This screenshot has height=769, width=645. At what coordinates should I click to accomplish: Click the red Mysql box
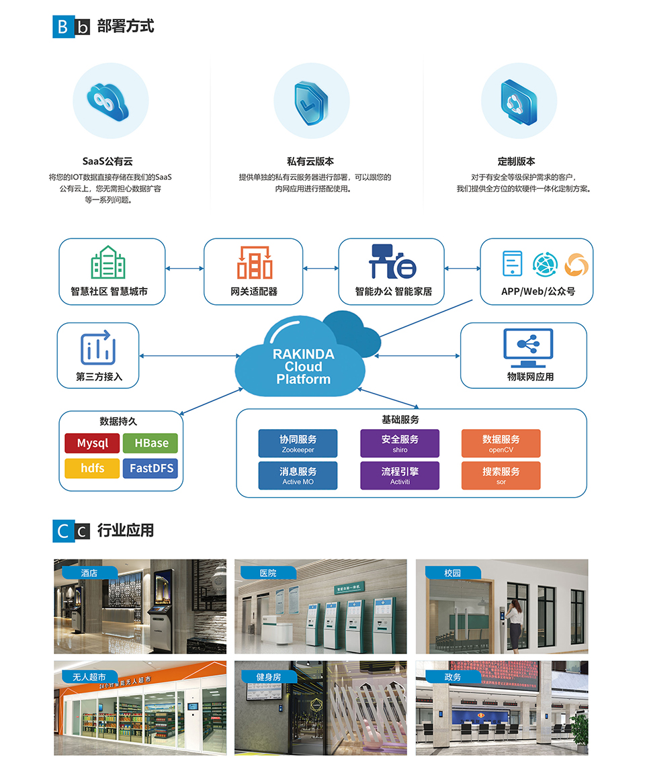(92, 443)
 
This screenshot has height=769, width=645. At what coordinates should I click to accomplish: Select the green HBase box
(151, 443)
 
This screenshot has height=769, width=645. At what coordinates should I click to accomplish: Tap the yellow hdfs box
(92, 468)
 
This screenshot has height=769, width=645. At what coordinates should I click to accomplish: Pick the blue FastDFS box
(151, 468)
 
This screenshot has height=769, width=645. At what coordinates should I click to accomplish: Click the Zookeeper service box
(298, 443)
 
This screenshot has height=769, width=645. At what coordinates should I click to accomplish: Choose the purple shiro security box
(400, 443)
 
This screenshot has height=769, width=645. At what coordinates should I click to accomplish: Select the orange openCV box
(501, 443)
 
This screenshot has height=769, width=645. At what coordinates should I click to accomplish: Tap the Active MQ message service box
(298, 476)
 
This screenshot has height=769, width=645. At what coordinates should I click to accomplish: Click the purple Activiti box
(400, 476)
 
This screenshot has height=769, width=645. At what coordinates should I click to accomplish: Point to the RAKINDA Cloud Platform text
(303, 367)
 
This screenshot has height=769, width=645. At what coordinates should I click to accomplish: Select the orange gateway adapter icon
(254, 262)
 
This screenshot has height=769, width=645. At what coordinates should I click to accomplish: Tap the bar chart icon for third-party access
(98, 348)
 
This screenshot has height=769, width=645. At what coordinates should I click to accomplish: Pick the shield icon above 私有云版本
(312, 101)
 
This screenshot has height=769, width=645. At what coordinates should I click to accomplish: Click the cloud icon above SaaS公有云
(110, 101)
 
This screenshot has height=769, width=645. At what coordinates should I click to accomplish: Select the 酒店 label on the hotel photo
(89, 573)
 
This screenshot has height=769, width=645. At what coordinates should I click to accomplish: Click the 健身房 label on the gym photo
(268, 676)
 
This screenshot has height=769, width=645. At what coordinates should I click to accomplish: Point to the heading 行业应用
(126, 531)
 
